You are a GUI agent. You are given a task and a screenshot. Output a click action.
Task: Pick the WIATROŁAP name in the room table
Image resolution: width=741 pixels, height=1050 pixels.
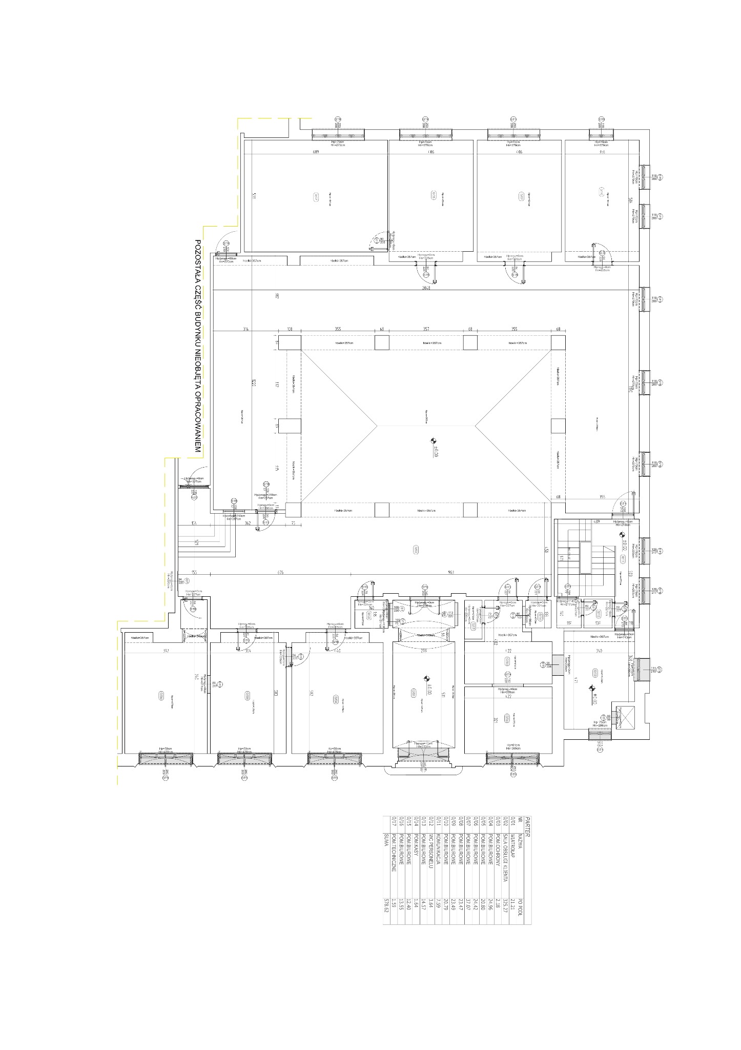(512, 845)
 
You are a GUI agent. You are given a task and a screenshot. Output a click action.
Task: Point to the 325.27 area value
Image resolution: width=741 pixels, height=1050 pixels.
(505, 906)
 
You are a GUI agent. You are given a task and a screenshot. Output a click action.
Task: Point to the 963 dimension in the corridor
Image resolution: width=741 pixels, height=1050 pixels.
(451, 573)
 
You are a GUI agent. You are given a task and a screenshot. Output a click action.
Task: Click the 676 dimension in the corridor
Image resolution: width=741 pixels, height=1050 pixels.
(280, 573)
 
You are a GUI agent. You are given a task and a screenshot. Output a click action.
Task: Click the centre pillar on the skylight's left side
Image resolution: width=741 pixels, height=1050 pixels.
(293, 426)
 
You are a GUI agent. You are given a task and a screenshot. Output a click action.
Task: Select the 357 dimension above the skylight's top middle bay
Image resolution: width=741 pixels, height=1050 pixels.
(426, 329)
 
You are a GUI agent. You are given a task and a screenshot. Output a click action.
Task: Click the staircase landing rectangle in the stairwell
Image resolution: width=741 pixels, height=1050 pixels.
(585, 559)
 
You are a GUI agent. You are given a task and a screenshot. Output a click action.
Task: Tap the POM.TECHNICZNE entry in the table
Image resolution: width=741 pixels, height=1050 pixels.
(394, 851)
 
